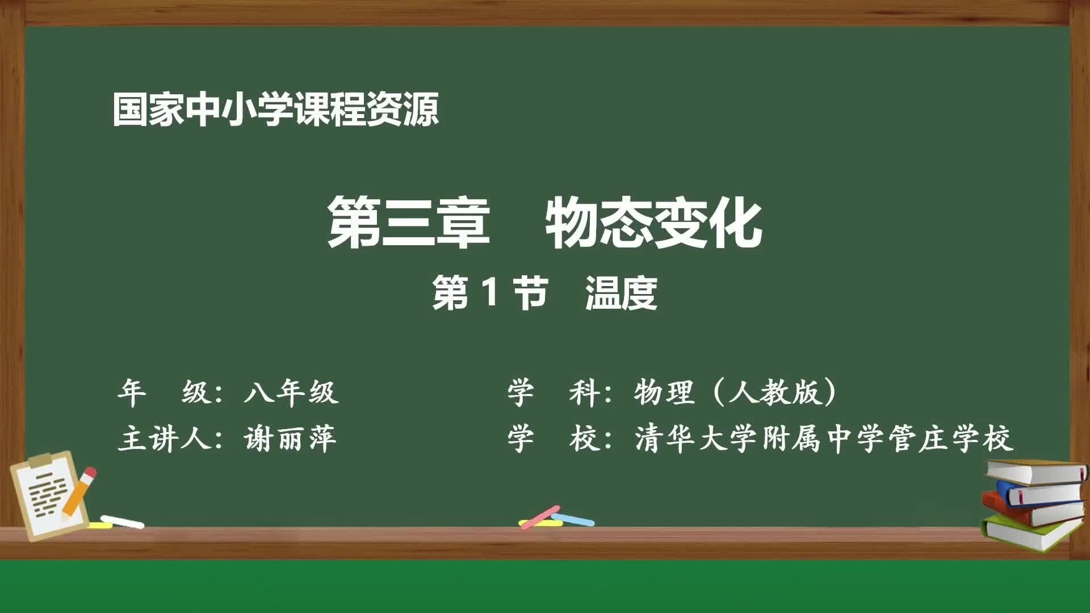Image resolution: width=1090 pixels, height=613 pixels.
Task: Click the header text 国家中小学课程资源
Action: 275,110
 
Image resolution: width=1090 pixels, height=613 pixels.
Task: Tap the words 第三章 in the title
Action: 408,222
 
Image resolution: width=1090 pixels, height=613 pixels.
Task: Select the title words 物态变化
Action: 653,222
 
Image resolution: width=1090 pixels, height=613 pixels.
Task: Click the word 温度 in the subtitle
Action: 621,293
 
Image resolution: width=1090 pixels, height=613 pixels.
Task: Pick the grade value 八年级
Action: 291,392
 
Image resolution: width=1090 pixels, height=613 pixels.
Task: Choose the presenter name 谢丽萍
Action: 290,439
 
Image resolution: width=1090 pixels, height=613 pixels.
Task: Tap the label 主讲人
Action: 165,439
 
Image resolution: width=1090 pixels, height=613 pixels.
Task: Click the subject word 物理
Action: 664,392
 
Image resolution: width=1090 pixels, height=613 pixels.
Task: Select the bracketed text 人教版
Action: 775,392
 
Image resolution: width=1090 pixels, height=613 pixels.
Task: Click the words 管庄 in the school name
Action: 918,439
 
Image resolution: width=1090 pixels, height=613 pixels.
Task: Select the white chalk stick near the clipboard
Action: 123,521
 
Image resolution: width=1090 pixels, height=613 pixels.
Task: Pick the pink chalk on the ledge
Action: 539,517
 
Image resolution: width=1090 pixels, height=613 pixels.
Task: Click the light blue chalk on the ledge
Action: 573,519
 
